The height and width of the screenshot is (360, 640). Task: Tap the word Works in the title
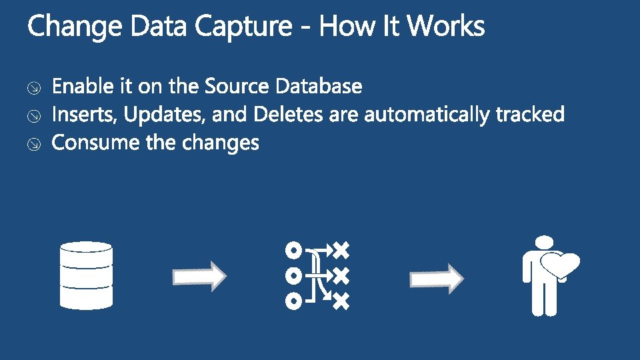tap(446, 26)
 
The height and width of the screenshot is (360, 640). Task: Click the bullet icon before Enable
tap(34, 88)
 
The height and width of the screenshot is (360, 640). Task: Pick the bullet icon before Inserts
tap(34, 116)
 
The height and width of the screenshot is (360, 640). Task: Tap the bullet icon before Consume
tap(34, 144)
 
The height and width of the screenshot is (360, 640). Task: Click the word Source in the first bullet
tap(236, 86)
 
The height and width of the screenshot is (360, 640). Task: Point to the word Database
tap(319, 86)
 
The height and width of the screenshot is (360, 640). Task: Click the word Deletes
tap(288, 114)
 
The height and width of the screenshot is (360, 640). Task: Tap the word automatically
tap(427, 115)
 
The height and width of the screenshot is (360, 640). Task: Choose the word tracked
tap(530, 114)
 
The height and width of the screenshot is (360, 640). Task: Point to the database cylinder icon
tap(86, 275)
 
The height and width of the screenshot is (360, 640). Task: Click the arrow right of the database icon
tap(199, 276)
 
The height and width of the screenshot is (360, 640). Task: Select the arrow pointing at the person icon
tap(437, 279)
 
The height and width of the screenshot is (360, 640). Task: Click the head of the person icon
tap(544, 242)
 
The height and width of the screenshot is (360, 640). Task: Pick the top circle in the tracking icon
tap(293, 250)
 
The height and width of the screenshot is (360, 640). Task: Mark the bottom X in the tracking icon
tap(341, 301)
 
